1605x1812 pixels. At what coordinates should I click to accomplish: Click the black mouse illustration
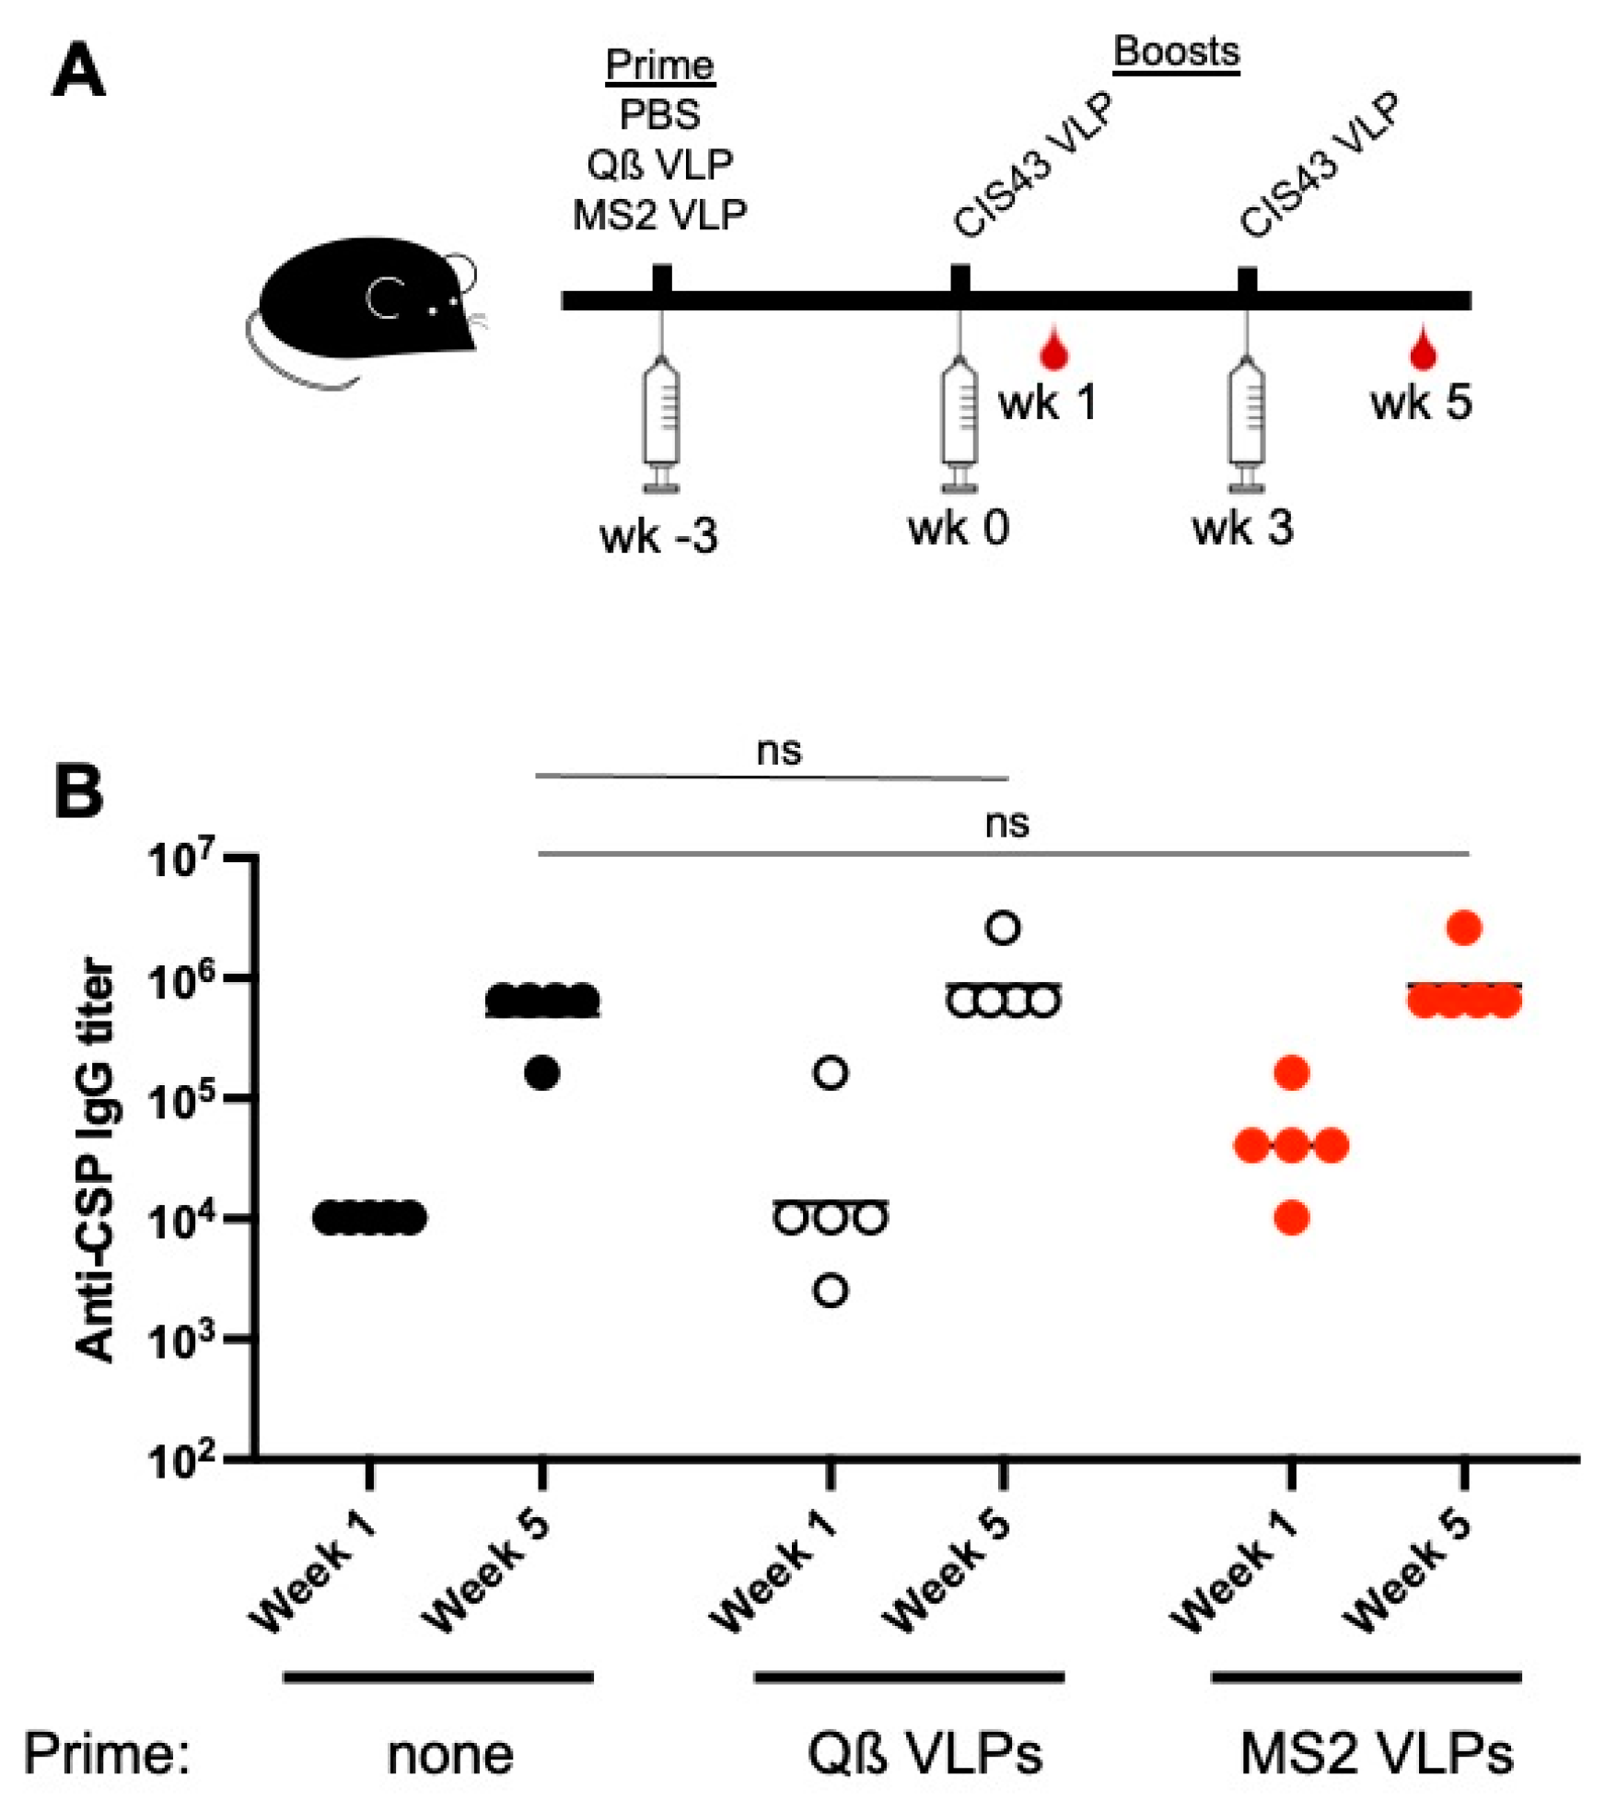[x=364, y=305]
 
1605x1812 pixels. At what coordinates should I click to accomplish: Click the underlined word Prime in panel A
[x=659, y=65]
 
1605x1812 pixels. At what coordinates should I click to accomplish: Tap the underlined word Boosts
[x=1176, y=52]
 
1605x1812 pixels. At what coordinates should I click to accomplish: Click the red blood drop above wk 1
[x=1053, y=350]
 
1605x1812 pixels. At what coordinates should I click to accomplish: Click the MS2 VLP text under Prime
[x=659, y=216]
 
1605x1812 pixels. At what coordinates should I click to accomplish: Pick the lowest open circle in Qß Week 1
[x=831, y=1291]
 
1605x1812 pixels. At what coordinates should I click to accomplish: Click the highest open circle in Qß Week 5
[x=1003, y=928]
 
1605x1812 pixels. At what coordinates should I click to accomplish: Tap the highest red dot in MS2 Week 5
[x=1464, y=928]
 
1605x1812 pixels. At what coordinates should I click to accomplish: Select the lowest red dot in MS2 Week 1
[x=1291, y=1219]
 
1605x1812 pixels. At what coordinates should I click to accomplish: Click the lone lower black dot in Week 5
[x=542, y=1073]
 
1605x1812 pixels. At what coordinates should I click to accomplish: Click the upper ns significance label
[x=778, y=751]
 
